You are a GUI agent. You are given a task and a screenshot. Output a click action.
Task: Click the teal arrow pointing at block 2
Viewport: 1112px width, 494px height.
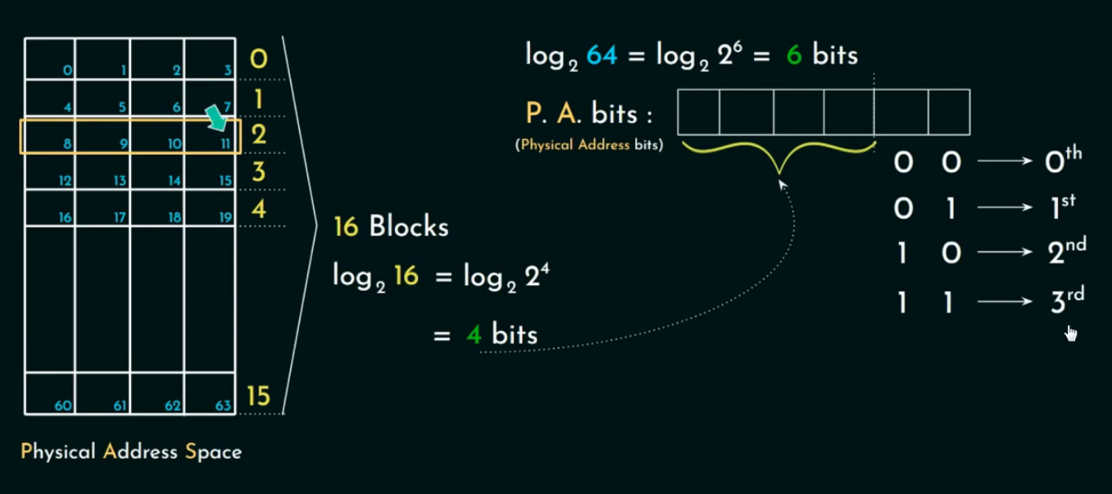(x=216, y=117)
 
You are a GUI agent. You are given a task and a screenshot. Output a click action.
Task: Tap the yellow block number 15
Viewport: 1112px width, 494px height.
(x=258, y=397)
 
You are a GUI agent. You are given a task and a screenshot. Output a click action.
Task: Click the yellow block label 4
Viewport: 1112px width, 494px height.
(x=259, y=209)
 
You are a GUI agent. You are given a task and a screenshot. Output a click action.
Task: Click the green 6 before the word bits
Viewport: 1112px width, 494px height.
(x=792, y=56)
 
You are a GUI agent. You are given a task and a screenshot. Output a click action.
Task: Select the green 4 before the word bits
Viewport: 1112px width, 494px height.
(x=473, y=334)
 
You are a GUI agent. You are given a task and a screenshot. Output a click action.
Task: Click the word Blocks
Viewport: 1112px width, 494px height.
(x=409, y=227)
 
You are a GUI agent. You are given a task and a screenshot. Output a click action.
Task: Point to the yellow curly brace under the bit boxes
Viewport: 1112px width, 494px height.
(x=778, y=156)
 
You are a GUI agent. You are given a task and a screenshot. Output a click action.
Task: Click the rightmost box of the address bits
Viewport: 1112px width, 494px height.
(x=949, y=112)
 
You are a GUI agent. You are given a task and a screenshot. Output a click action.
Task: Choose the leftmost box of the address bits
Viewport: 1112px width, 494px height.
(x=698, y=112)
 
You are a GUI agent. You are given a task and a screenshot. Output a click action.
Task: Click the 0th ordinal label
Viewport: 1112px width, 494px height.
(x=1063, y=161)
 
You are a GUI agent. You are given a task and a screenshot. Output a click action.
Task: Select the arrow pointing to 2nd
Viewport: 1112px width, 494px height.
(x=1005, y=255)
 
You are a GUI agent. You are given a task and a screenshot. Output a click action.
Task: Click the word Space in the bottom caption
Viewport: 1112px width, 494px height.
(x=214, y=451)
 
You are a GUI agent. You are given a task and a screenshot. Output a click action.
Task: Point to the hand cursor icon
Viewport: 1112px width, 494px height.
(x=1071, y=333)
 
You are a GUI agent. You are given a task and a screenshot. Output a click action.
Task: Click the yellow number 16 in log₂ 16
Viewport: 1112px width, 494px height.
(x=406, y=276)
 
